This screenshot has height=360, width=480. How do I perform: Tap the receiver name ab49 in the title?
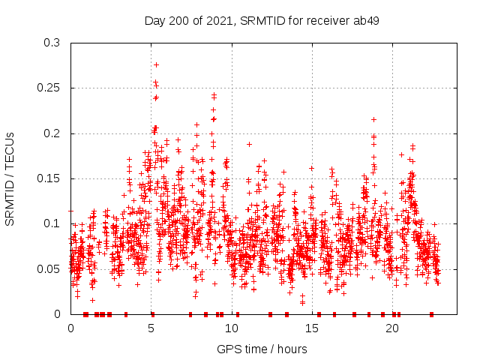pos(364,20)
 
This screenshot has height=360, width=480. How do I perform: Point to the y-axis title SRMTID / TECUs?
pos(10,178)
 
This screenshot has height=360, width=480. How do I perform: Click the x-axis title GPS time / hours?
pos(262,349)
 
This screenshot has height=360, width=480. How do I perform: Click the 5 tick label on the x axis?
pos(151,328)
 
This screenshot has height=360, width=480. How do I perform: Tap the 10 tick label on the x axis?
pos(232,328)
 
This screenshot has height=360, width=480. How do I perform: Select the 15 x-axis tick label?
pos(312,328)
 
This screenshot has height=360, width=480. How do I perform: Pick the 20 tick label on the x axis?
pos(392,328)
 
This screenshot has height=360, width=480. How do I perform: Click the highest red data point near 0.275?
pos(156,64)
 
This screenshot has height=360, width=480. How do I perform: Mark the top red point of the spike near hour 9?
pos(214,95)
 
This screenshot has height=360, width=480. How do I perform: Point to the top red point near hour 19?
pos(373,119)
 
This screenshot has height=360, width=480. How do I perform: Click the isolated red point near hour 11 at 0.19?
pos(249,143)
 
